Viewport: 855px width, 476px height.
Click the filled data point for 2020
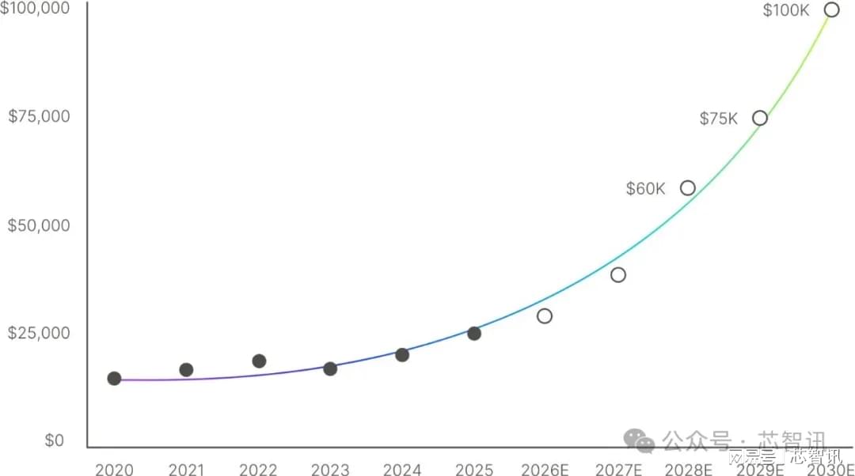[114, 379]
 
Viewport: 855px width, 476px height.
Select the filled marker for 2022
[259, 361]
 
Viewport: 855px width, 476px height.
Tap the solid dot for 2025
[474, 334]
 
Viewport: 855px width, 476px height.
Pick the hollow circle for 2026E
[545, 316]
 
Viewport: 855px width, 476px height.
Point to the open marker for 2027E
[618, 275]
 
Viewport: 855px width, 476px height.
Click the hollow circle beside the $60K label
[688, 188]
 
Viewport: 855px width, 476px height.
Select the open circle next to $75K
[760, 119]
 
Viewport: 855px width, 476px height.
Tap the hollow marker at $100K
[831, 10]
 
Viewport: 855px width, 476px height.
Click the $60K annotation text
[646, 189]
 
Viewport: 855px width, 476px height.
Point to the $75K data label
[719, 119]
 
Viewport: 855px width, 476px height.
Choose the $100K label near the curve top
[786, 10]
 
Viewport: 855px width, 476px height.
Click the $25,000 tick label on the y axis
[39, 333]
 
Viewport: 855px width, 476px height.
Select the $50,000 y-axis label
[39, 225]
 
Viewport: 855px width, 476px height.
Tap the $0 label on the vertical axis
[54, 440]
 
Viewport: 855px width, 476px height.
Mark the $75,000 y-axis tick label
[39, 116]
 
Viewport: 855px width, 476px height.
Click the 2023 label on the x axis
[330, 470]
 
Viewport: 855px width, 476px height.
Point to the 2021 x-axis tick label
[186, 470]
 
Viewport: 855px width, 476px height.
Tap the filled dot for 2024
[402, 355]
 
